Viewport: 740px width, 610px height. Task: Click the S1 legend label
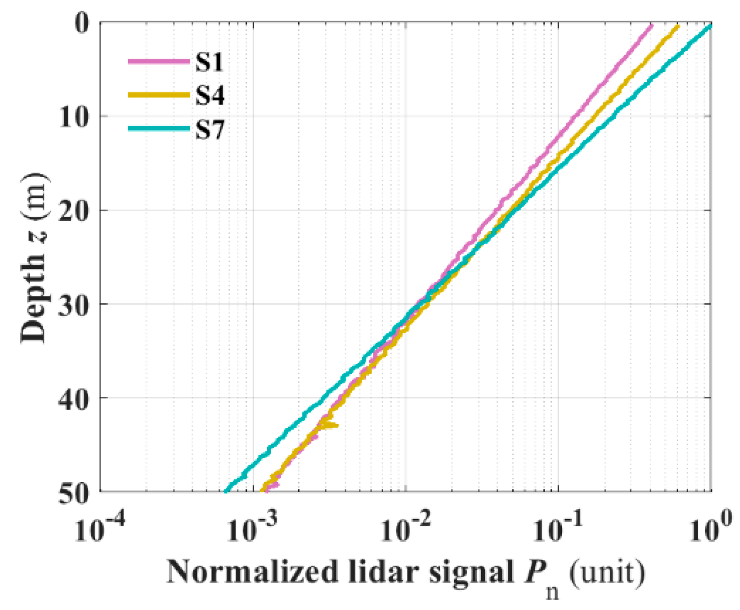(x=209, y=62)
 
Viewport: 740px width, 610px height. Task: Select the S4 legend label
(x=210, y=96)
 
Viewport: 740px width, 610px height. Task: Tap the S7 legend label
(x=210, y=130)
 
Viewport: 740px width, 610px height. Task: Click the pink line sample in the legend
(x=159, y=62)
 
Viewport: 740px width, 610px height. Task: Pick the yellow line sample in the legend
(x=159, y=95)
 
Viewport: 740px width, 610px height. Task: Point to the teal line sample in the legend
(x=159, y=129)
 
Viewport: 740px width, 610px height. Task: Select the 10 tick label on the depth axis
(x=74, y=117)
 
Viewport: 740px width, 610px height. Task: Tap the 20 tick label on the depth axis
(x=74, y=210)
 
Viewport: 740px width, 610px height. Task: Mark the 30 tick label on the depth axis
(x=74, y=304)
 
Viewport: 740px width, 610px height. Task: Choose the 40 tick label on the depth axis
(x=74, y=398)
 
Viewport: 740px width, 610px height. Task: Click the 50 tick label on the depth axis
(x=74, y=492)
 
